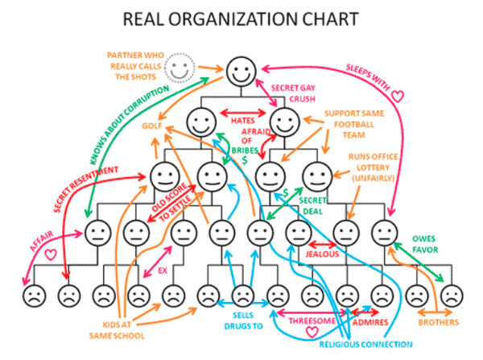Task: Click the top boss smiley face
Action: (242, 71)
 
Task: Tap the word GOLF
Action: (152, 126)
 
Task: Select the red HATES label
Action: (243, 121)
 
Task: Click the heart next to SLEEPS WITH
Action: (397, 96)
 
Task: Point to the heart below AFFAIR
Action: (51, 254)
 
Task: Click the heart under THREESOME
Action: (312, 332)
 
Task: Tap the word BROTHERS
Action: (439, 322)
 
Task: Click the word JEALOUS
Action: (322, 254)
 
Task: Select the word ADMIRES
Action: (370, 322)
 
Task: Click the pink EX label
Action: (163, 271)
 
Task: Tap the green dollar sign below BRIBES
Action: (245, 160)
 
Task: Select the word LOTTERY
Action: (373, 168)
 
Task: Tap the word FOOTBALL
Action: (354, 125)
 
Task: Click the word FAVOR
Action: (425, 250)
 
